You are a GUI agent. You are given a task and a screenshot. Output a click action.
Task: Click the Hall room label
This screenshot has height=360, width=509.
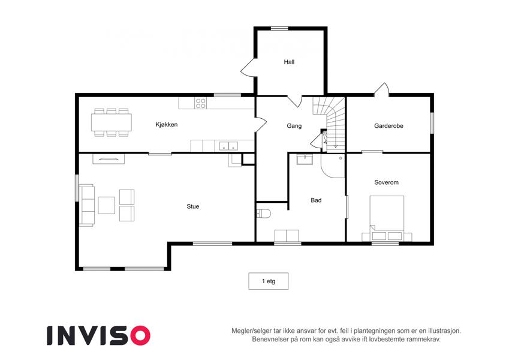point(289,62)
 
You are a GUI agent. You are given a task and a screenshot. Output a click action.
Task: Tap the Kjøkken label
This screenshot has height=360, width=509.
point(167,124)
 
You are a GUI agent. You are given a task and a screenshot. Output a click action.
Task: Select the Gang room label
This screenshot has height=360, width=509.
point(294,126)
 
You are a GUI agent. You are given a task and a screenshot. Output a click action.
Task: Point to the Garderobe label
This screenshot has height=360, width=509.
point(388,126)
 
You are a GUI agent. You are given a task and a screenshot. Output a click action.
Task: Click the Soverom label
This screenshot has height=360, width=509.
point(386,182)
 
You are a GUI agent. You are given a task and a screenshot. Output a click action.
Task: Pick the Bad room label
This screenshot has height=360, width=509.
point(316,200)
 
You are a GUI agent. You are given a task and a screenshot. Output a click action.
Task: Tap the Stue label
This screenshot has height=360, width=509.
point(193,206)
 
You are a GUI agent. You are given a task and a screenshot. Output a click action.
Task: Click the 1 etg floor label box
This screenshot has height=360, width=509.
point(269,281)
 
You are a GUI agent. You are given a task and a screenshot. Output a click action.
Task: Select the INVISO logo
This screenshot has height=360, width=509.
point(99,335)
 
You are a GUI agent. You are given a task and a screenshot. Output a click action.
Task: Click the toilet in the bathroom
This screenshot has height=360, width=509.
point(264,214)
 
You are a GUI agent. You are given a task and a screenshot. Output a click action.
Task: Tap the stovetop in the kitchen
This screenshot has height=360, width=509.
point(201,103)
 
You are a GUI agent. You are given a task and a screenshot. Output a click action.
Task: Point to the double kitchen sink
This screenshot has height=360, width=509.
point(228,146)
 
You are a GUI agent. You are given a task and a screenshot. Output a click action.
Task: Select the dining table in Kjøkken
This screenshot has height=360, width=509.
point(112,122)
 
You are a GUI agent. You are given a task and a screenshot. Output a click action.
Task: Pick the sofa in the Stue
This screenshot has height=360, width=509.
point(87,205)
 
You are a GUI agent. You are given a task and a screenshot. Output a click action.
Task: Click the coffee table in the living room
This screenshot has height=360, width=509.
point(107,205)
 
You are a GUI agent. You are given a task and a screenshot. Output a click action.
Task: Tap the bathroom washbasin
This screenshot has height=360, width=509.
point(305,160)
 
